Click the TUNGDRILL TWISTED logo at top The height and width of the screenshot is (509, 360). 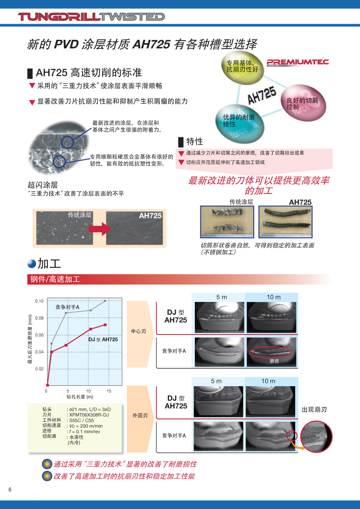tap(91, 17)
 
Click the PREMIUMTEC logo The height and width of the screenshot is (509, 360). tap(298, 62)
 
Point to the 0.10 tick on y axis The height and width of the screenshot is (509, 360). tap(39, 301)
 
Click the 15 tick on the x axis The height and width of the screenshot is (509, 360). tap(109, 391)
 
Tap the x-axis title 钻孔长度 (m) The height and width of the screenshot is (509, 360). tap(80, 397)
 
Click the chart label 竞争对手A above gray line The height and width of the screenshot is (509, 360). tap(67, 307)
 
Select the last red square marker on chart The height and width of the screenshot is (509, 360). tap(105, 325)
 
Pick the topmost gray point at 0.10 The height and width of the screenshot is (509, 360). tap(105, 301)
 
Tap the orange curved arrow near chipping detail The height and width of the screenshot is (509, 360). tap(297, 443)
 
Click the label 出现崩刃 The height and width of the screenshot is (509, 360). tap(314, 409)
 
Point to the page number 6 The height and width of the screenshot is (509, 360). tap(10, 490)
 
